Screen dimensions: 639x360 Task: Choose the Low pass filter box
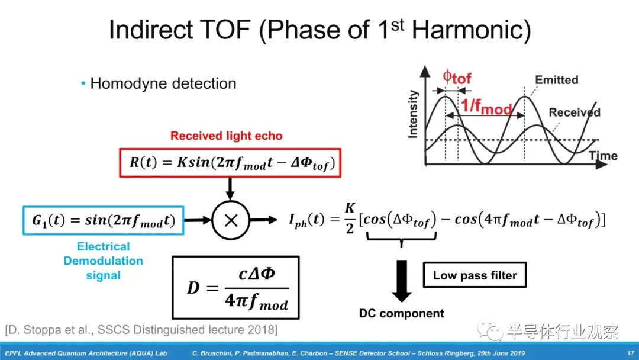pos(475,275)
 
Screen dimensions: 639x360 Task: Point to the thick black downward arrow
pos(402,281)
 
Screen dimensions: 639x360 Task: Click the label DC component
pos(401,313)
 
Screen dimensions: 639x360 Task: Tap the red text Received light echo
pos(226,136)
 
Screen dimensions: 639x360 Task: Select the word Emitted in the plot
pos(556,79)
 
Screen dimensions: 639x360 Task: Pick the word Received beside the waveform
pos(575,112)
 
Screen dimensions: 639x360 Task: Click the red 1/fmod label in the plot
pos(486,107)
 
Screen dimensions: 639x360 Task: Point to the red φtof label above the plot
pos(457,77)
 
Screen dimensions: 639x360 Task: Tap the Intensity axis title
pos(413,114)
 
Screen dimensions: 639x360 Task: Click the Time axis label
pos(603,156)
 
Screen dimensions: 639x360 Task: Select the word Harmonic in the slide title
pos(471,30)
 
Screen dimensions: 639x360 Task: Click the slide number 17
pos(631,353)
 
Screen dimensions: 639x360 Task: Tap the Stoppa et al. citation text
pos(141,330)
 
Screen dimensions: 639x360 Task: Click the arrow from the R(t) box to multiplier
pos(230,189)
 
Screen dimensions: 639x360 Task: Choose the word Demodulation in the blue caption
pos(103,261)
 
